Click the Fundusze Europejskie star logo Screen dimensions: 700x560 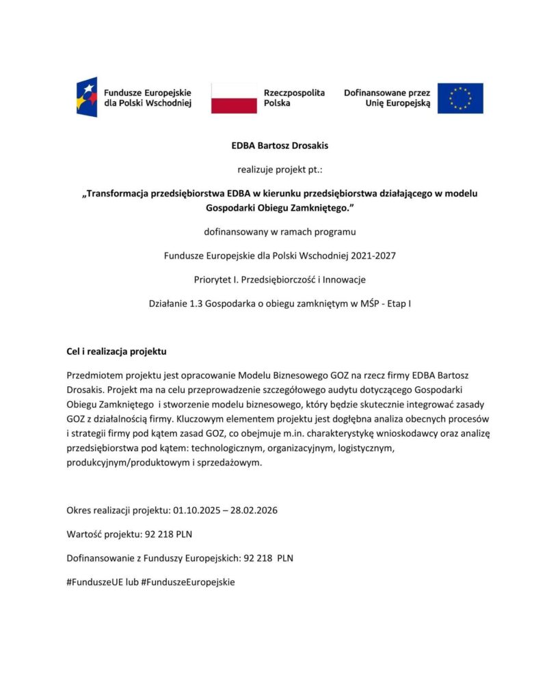click(87, 97)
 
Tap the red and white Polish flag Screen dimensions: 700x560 click(234, 98)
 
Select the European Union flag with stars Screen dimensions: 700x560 click(460, 98)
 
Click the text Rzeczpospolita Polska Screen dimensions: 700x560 click(294, 98)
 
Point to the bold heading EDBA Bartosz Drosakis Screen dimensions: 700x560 click(280, 146)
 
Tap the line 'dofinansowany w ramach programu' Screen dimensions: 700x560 click(280, 232)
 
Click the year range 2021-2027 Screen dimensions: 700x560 click(373, 256)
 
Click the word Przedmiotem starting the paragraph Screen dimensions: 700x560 click(93, 376)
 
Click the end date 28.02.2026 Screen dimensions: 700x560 click(254, 511)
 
